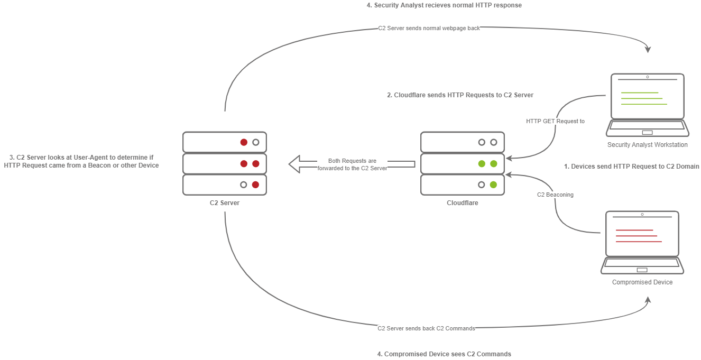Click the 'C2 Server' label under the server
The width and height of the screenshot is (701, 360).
225,202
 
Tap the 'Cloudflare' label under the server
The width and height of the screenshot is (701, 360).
462,202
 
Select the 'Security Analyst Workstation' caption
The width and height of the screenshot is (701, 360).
647,145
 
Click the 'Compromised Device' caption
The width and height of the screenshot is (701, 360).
642,282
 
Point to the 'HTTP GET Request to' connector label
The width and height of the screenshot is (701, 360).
555,121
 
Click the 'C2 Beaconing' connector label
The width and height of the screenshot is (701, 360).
555,195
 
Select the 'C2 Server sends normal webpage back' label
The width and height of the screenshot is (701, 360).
429,28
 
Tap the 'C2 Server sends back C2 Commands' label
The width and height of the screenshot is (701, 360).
426,328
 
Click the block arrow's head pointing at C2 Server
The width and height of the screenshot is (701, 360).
294,164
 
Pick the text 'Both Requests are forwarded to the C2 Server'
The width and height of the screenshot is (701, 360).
352,164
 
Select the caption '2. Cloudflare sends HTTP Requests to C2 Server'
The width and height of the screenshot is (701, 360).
460,95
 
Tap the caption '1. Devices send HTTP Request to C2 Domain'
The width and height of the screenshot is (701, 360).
631,166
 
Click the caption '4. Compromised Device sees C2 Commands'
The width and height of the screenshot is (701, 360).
444,354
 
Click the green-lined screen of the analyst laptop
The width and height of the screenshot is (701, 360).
647,98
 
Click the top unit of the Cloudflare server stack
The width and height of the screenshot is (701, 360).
462,142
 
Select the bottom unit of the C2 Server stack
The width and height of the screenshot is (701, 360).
225,184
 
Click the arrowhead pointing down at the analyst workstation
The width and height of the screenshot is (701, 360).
648,49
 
